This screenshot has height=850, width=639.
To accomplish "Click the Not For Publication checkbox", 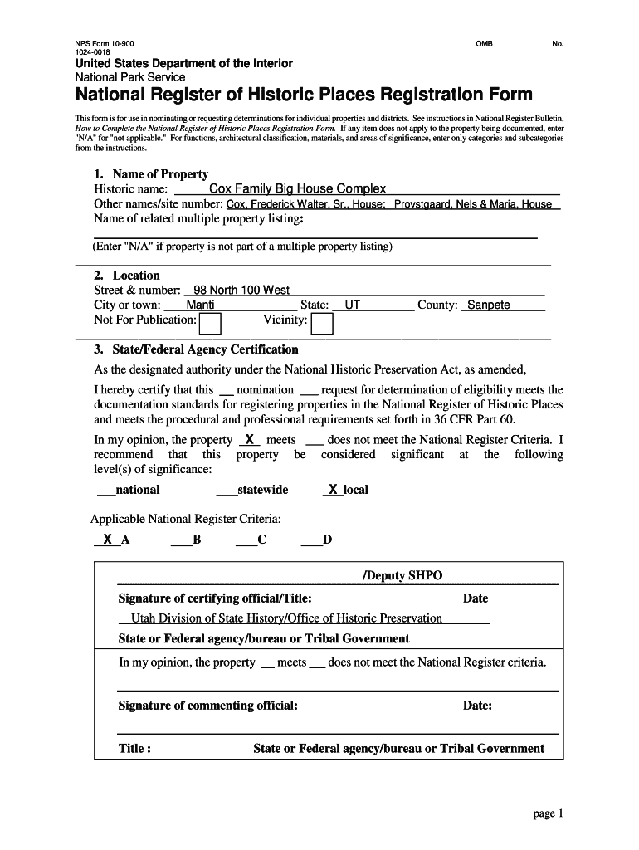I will tap(212, 322).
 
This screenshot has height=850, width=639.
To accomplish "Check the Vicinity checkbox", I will tap(322, 322).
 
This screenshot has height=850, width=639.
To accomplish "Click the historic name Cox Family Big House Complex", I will tap(297, 189).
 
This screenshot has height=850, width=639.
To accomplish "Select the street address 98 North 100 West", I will tap(241, 290).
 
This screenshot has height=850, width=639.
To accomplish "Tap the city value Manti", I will tap(200, 305).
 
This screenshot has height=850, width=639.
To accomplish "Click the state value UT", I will tap(353, 305).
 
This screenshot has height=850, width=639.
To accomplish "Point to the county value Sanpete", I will tap(488, 305).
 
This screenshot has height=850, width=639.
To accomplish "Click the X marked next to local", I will tap(333, 490).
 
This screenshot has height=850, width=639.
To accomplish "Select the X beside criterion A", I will tap(107, 540).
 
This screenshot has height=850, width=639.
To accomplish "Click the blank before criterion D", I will tap(311, 541).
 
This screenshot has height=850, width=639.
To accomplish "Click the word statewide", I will tap(262, 490).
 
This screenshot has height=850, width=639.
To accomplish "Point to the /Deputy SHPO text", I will tap(402, 576).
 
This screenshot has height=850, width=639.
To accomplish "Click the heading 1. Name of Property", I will tap(151, 174).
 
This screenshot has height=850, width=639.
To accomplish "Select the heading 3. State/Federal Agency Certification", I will tap(196, 349).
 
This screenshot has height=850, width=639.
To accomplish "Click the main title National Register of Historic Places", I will tap(304, 95).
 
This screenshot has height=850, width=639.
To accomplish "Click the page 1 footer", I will tap(548, 813).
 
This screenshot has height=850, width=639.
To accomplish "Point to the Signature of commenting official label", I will tap(208, 706).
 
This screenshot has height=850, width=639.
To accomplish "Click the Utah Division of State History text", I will tap(280, 618).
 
